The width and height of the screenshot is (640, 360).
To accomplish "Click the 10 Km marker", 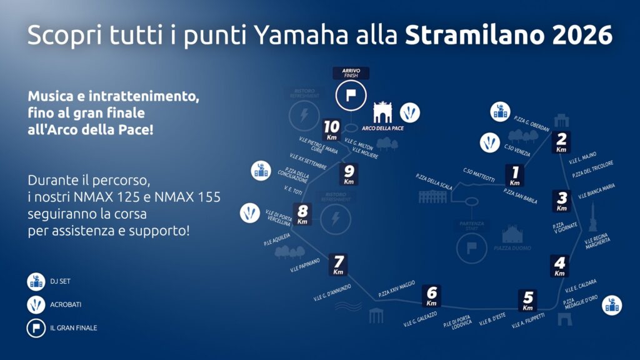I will pos(332,131).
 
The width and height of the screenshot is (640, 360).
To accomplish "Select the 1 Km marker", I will pos(515,176).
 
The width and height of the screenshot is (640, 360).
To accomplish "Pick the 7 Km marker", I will pos(338,265).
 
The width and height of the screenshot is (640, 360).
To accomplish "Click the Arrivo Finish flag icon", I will pos(350,96).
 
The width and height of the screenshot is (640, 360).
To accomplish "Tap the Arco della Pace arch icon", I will pos(382,113).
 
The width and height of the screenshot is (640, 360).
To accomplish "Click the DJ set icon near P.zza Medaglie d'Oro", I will pos(612,305).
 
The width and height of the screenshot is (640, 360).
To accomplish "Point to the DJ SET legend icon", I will pos(36,282).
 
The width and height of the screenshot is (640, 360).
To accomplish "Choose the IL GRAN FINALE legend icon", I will pos(36,327).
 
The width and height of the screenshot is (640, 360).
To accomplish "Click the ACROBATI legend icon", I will pos(36,305).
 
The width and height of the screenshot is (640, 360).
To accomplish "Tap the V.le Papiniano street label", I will pos(305,266).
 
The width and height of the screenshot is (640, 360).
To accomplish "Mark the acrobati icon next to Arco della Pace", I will pos(410,112).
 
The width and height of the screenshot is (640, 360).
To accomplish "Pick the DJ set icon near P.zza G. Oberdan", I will pos(500,111).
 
